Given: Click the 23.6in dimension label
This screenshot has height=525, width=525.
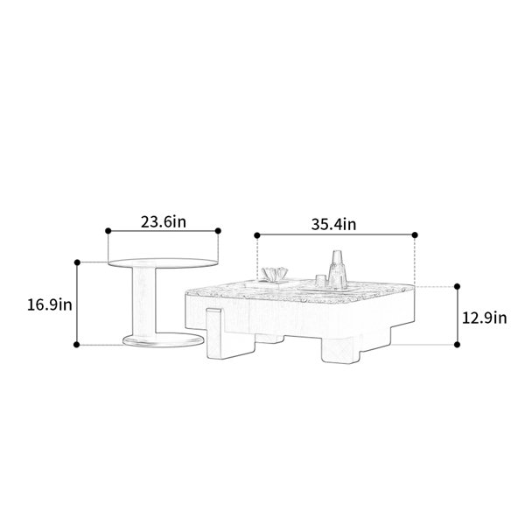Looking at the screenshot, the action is (163, 222).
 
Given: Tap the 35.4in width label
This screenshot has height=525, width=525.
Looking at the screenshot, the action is (334, 224).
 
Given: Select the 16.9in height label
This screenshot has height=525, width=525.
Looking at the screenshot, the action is (50, 305).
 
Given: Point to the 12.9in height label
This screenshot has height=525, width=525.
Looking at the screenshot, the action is (484, 318).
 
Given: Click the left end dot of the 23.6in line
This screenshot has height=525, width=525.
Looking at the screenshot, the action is (108, 231).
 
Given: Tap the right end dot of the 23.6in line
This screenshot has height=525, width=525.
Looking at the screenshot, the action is (218, 231).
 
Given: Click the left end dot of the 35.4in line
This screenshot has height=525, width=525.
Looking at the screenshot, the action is (257, 235).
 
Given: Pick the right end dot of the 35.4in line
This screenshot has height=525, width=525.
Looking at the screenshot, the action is (415, 235).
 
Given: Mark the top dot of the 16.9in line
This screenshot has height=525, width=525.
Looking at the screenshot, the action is (77, 262).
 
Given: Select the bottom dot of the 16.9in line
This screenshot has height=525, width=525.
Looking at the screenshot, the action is (77, 345).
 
